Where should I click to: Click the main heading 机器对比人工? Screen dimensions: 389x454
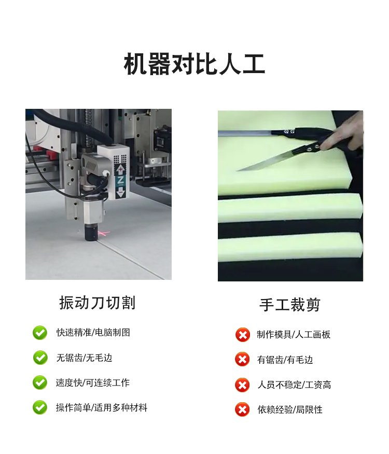coord(194,64)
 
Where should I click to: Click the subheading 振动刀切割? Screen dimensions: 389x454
coord(98,303)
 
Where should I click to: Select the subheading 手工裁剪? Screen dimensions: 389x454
coord(289,305)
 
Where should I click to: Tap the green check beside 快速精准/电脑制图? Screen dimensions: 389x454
coord(40,333)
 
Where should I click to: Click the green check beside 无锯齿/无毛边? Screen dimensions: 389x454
coord(40,358)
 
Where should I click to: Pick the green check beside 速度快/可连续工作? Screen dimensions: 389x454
coord(40,382)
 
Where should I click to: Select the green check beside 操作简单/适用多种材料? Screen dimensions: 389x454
coord(40,407)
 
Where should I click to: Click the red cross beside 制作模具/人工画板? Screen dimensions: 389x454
coord(243,335)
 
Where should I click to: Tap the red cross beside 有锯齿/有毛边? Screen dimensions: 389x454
coord(243,360)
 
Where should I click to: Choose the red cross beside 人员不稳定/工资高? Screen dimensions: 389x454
coord(243,385)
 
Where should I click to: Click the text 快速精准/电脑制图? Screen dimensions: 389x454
coord(93,332)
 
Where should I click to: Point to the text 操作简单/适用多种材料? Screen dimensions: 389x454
coord(102,408)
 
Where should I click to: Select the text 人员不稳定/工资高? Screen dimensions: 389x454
coord(294,385)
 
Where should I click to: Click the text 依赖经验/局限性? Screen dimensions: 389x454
coord(290,410)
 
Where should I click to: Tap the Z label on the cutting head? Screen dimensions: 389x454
coord(120,180)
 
